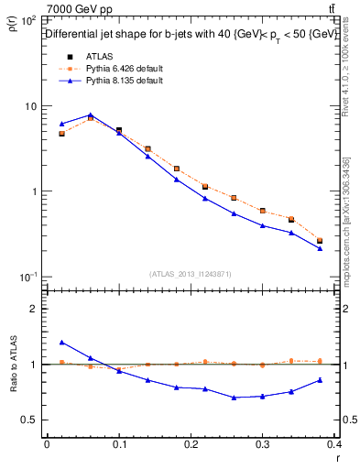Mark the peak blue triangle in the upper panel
click(91, 115)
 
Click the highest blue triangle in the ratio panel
click(61, 343)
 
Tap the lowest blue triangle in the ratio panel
click(235, 398)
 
